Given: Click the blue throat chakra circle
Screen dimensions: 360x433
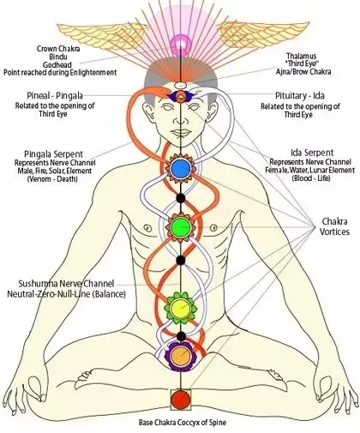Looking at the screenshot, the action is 181,168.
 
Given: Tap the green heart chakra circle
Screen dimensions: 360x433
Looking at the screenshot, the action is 181,227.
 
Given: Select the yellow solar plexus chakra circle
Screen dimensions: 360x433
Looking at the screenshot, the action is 181,308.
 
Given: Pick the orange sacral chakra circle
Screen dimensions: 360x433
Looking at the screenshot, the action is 181,355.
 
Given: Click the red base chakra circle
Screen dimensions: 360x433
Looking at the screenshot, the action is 181,400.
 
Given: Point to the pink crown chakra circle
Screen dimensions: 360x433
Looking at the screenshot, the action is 181,45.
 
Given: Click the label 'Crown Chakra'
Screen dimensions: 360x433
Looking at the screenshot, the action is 58,49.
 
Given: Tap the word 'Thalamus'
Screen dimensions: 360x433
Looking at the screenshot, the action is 302,56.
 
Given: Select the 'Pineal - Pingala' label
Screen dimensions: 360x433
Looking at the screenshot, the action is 55,95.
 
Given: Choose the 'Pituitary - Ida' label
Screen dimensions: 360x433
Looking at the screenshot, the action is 300,95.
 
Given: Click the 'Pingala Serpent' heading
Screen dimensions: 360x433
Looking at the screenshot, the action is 53,154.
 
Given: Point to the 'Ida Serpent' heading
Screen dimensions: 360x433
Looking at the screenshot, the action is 312,153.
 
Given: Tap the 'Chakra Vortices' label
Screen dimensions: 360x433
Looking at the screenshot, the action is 334,226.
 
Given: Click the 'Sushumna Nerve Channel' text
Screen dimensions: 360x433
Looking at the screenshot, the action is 66,284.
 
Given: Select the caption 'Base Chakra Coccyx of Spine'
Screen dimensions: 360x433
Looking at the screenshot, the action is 183,422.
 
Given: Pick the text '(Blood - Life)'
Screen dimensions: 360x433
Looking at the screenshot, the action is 311,178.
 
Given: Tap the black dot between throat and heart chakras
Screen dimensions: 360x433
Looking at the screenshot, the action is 181,198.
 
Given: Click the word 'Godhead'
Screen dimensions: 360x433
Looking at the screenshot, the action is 57,64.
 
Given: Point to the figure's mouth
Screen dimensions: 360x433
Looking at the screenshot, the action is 180,133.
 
